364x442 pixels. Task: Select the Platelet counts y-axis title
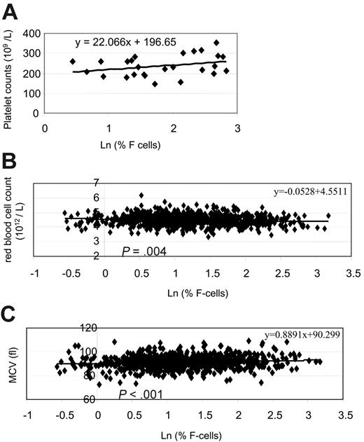pos(8,76)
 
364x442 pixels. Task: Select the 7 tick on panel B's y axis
pos(108,184)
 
